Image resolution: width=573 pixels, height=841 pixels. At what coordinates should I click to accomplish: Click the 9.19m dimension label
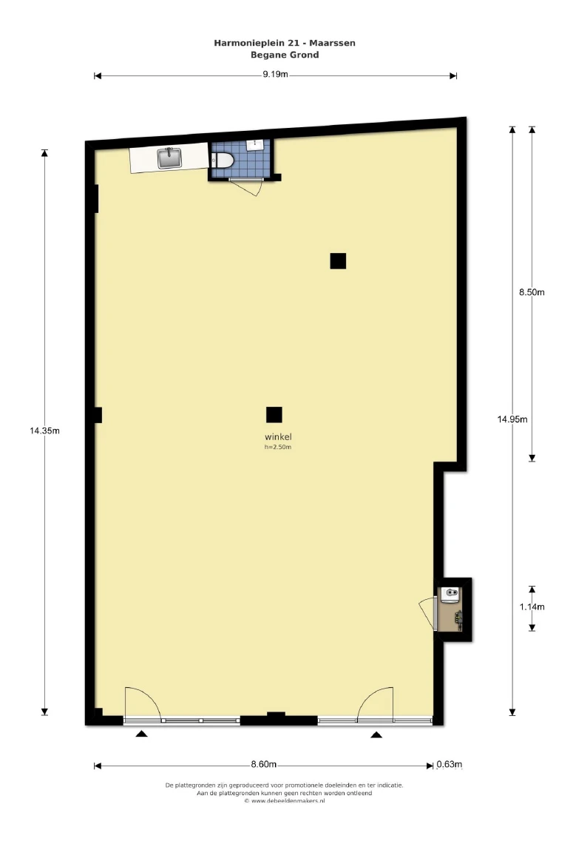pos(275,75)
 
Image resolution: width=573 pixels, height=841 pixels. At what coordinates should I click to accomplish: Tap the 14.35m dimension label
pos(44,430)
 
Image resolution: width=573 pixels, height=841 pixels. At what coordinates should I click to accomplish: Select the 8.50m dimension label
pos(532,292)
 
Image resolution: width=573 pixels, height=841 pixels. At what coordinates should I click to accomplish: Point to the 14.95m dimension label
pos(512,419)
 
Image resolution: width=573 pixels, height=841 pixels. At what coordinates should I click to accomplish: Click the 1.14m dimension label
pos(532,607)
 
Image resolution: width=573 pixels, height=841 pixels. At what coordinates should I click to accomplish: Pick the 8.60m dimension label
pos(264,764)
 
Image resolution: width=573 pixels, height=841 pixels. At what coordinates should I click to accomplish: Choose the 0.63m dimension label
pos(450,764)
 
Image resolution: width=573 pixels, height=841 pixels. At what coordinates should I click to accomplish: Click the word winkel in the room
pos(278,437)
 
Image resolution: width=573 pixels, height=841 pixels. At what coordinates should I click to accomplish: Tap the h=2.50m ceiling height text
pos(278,447)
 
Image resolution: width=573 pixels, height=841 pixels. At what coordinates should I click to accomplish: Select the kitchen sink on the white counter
pos(169,158)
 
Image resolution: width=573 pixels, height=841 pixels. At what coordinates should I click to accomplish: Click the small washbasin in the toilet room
pos(254,145)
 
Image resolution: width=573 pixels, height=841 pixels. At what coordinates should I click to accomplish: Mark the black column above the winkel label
pos(274,415)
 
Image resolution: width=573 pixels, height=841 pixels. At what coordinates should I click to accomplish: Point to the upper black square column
pos(338,260)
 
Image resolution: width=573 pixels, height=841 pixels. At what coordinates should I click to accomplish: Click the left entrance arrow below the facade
pos(141,734)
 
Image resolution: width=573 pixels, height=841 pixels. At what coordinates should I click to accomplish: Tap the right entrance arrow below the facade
pos(376,734)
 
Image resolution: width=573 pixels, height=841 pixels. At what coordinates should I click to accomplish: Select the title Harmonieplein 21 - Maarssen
pos(285,43)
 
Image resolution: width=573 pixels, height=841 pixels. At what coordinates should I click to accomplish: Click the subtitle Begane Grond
pos(285,55)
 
